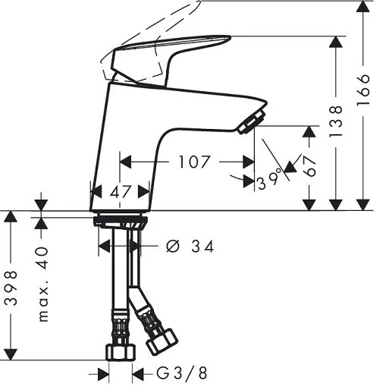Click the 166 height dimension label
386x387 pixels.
(363, 90)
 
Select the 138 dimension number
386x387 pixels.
(336, 121)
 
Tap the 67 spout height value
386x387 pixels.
(310, 166)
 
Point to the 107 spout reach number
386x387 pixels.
(194, 162)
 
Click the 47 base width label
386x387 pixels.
(121, 192)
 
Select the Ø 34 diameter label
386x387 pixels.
(190, 247)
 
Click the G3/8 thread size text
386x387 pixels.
(182, 373)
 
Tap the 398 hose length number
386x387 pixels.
(11, 288)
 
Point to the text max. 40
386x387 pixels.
(43, 284)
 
